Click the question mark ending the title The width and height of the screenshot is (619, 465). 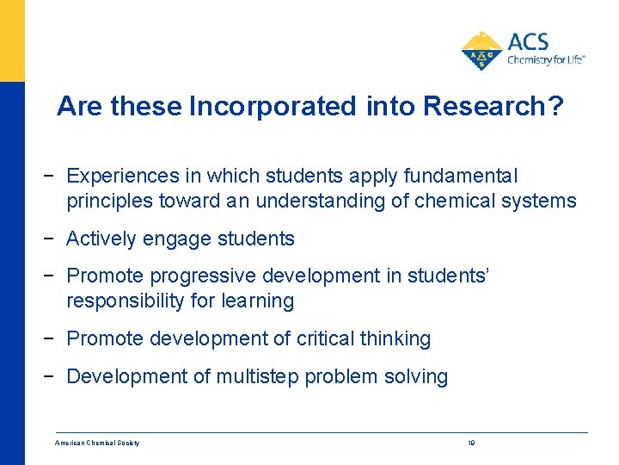tap(555, 106)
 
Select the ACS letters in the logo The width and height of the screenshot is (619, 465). tap(528, 41)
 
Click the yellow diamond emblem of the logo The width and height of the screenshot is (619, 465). tap(482, 50)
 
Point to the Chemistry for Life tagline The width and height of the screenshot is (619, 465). tap(546, 59)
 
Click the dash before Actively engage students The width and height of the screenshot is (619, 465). tap(54, 239)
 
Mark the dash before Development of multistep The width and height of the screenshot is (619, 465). tap(54, 376)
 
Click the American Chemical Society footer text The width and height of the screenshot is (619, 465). tap(97, 443)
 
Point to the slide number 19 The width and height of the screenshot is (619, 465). tap(471, 443)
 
